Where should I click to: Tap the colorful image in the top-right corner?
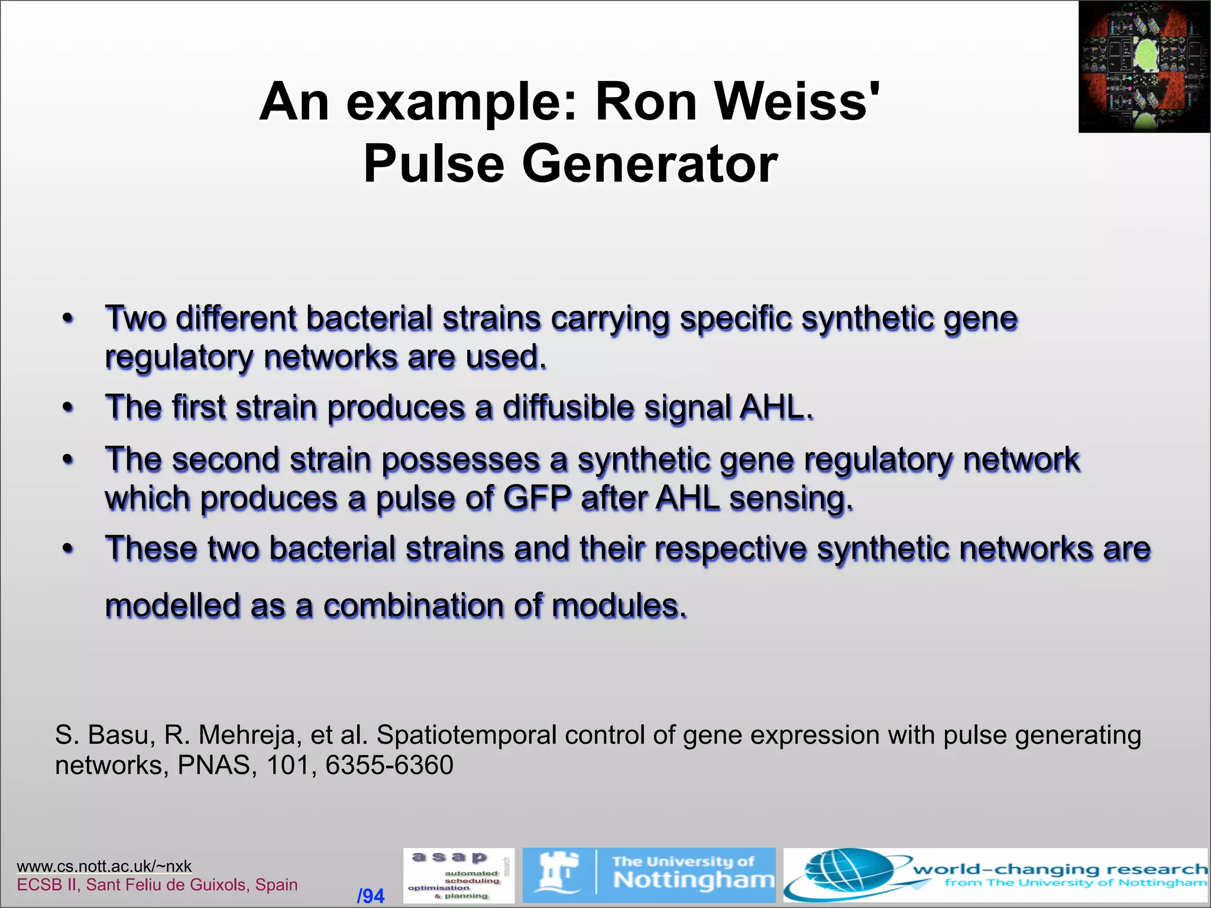click(1144, 66)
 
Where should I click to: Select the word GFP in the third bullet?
click(537, 498)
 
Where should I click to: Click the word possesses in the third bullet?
click(461, 460)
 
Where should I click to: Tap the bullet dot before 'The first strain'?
click(69, 408)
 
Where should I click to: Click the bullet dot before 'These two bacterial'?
click(69, 549)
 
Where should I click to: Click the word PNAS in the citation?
click(213, 766)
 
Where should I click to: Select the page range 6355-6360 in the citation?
click(389, 766)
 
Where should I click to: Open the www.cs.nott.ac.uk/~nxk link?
click(104, 867)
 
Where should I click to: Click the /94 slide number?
click(371, 896)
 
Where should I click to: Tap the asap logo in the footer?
click(458, 875)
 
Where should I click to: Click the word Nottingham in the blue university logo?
click(693, 880)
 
